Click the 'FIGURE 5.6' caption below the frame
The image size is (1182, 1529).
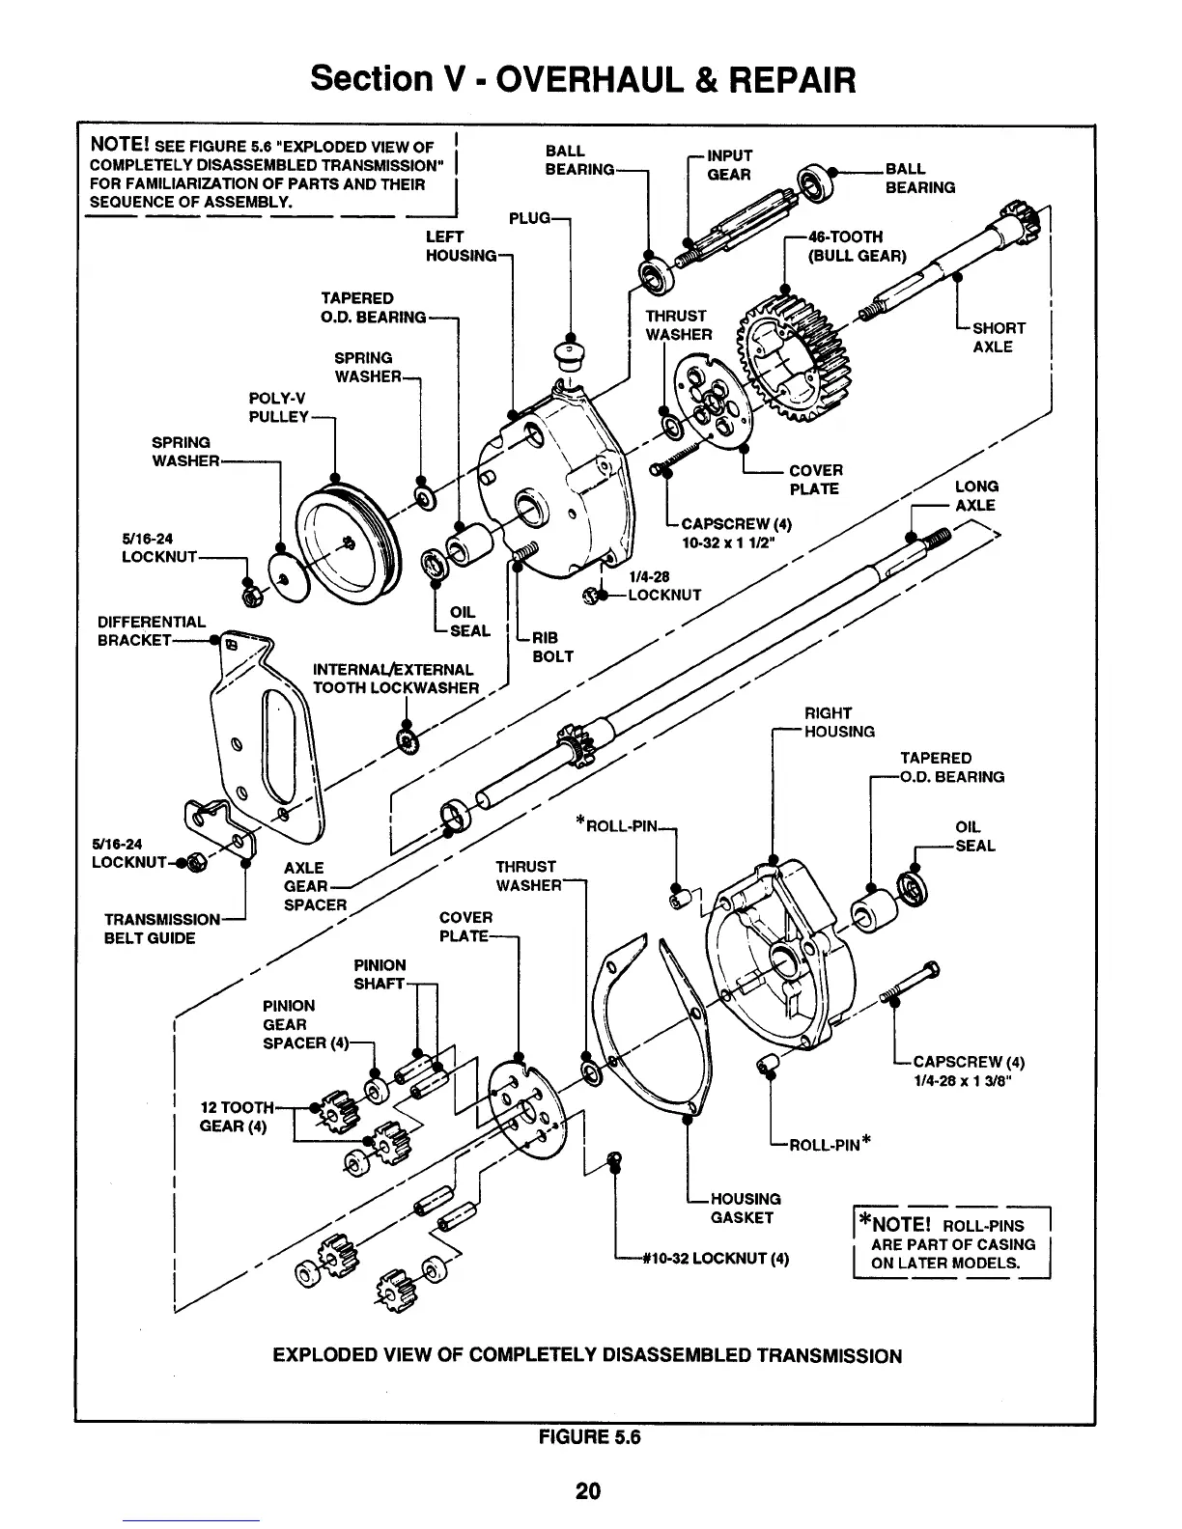point(589,1436)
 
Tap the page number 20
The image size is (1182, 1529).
point(588,1490)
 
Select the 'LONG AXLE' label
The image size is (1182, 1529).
point(975,495)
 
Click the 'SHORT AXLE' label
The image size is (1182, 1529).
point(998,337)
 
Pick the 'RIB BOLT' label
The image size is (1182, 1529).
point(552,647)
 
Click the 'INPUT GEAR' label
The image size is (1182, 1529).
point(729,164)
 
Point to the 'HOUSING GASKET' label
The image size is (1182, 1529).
point(745,1208)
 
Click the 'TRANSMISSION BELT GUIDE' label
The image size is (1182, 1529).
point(161,929)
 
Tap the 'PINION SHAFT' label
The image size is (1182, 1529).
point(380,974)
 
